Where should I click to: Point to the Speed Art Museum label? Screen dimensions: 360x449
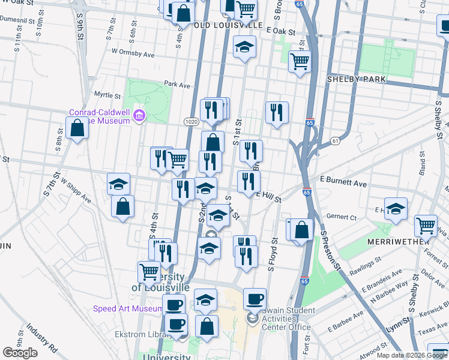pos(127,309)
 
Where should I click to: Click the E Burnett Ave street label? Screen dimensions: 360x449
pos(343,181)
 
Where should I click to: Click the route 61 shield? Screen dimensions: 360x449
pos(334,140)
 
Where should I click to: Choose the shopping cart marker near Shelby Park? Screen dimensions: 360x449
pos(300,61)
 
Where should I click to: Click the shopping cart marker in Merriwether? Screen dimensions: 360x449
pos(426,225)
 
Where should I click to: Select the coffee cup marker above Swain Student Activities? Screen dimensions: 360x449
pos(255,298)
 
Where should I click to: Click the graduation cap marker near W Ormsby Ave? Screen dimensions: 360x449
pos(244,47)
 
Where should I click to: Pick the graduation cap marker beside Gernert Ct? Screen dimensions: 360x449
pos(396,209)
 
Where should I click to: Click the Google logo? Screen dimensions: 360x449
pos(20,353)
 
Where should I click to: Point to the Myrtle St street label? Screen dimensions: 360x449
pos(108,95)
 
